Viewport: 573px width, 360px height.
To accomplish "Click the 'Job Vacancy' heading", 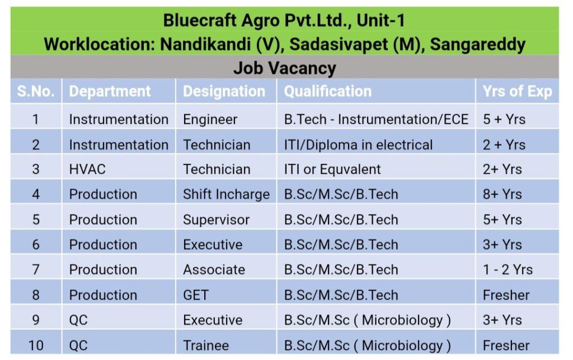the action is [x=285, y=68].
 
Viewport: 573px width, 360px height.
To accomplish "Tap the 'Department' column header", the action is [x=110, y=91].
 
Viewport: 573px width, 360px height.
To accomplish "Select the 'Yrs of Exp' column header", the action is [x=517, y=91].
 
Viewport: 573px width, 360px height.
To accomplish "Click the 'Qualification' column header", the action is [x=328, y=91].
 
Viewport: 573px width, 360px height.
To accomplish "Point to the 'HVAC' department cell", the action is [x=87, y=169].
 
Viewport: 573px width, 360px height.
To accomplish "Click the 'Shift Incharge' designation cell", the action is [x=226, y=194].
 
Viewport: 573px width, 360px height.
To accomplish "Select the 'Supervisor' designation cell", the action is [x=217, y=219].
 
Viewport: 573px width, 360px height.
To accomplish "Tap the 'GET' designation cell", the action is [x=196, y=295].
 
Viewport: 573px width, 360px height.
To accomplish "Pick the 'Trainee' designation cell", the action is [x=206, y=345].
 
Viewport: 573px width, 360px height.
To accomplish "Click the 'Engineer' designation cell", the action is [x=210, y=119].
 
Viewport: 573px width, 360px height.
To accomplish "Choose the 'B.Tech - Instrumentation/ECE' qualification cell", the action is [x=377, y=119].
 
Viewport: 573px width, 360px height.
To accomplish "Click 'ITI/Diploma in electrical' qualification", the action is [x=359, y=145].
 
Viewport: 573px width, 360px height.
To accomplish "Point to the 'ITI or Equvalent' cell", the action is [x=332, y=169].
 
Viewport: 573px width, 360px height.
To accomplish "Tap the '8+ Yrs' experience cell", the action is [x=502, y=194].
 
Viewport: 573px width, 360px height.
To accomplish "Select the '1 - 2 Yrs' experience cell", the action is [x=508, y=270].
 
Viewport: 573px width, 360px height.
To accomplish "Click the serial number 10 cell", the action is [x=36, y=345].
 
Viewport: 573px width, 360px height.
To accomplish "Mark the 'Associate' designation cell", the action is [x=214, y=270].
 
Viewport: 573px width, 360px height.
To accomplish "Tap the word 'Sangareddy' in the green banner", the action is [x=478, y=45].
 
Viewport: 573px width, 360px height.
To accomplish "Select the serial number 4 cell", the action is [x=36, y=194].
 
